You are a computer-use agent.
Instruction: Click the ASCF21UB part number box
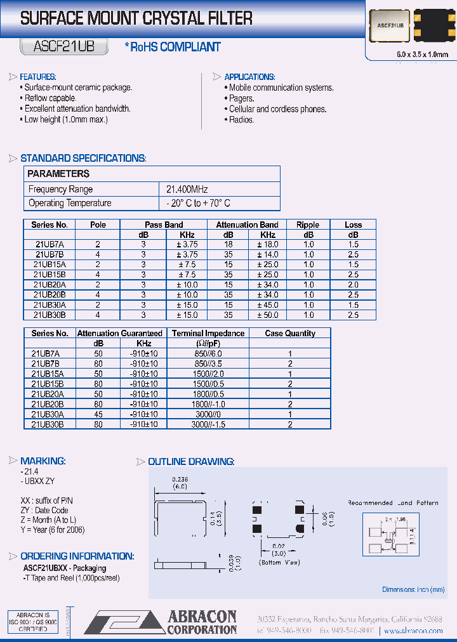(63, 46)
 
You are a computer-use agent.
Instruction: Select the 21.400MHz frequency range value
(187, 189)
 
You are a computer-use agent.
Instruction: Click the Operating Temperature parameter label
(70, 203)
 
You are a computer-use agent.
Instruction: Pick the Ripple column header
(308, 225)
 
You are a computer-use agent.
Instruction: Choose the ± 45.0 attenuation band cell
(268, 305)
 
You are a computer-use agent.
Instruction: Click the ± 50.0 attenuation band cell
(268, 315)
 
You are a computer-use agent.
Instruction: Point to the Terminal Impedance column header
(208, 333)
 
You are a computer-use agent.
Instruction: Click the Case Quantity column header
(290, 333)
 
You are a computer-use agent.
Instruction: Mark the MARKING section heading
(43, 461)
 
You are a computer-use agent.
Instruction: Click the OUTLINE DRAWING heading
(191, 462)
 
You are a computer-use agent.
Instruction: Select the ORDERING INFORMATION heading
(77, 556)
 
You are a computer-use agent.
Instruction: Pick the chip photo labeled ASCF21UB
(388, 27)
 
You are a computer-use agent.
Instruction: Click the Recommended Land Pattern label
(393, 503)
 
